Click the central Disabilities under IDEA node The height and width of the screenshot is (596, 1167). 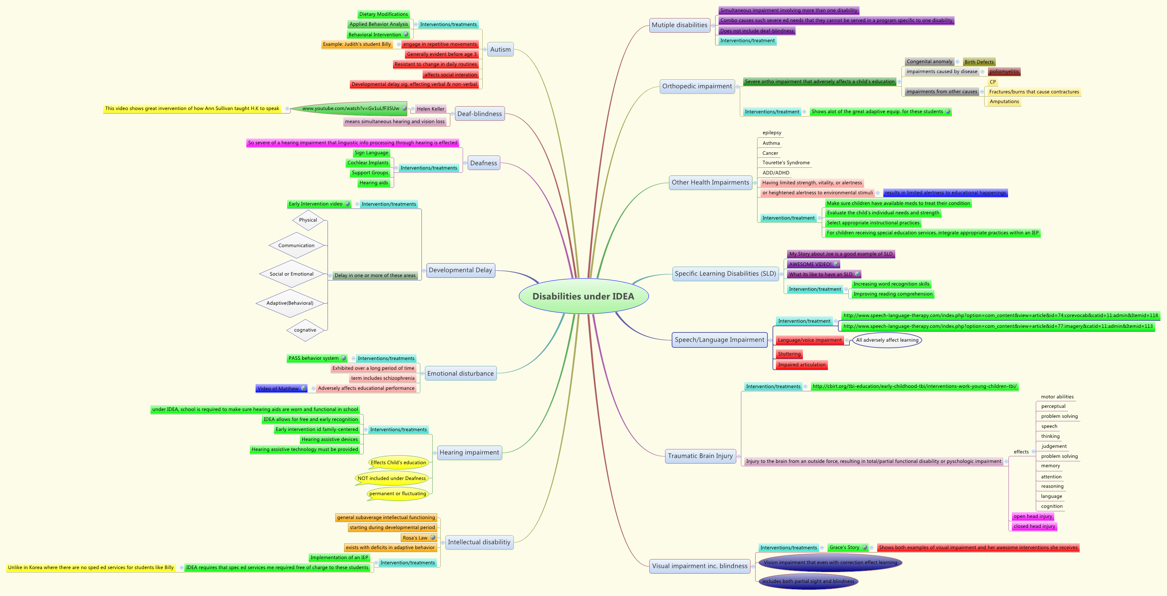583,296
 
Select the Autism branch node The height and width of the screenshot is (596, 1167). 500,49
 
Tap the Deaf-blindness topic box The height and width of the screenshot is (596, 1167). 479,114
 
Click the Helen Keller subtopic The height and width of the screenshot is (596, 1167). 430,109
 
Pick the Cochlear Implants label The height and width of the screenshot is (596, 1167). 368,163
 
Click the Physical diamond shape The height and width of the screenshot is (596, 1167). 308,220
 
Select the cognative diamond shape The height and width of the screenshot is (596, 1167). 305,330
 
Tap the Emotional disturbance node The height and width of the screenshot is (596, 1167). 460,374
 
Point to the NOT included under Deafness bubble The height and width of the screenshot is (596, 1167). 391,478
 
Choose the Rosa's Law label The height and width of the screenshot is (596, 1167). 415,538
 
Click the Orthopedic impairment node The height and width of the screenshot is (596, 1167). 697,86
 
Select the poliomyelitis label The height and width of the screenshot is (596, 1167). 1004,72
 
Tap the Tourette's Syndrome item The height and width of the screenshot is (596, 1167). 786,163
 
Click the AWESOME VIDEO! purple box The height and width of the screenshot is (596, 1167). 811,264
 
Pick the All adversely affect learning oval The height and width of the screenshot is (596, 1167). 887,340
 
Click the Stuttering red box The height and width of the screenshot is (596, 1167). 789,354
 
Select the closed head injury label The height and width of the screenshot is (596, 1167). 1034,526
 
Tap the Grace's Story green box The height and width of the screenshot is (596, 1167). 844,548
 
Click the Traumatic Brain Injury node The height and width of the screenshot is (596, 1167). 700,456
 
